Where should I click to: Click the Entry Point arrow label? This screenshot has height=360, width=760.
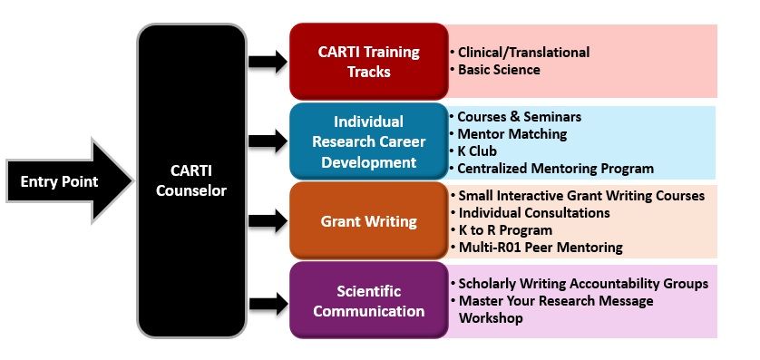click(59, 181)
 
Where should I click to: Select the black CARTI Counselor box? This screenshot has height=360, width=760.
click(192, 180)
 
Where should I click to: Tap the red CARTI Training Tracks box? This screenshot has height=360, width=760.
click(369, 62)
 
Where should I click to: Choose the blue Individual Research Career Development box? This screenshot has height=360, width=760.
click(369, 141)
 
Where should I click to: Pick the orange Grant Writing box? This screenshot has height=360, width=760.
click(369, 221)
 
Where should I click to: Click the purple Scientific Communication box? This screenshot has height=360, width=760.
click(369, 300)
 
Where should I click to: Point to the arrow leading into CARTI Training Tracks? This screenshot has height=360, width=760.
click(268, 62)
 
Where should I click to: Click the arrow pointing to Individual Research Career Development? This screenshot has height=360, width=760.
click(268, 141)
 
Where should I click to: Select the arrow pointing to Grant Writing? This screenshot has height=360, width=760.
click(268, 221)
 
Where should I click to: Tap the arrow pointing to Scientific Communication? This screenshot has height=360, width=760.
click(268, 304)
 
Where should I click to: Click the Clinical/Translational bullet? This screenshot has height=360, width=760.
click(520, 53)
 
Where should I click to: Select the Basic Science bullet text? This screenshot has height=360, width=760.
click(499, 70)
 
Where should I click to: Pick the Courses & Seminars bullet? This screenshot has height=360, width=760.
click(515, 117)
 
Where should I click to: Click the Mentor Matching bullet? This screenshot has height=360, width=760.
click(508, 133)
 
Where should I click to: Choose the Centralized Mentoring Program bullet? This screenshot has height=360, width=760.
click(551, 169)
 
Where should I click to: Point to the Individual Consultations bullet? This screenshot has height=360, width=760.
click(530, 213)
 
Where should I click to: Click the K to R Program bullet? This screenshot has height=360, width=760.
click(502, 230)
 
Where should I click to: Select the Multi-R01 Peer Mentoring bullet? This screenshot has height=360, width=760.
click(537, 248)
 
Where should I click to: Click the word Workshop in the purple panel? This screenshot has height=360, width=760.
click(491, 318)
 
